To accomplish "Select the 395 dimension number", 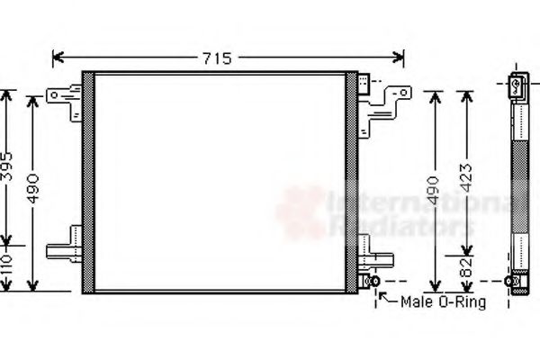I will (x=8, y=166).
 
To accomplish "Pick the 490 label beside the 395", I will (x=34, y=191).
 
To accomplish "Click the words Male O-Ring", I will (x=443, y=302).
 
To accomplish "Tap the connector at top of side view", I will (x=520, y=85).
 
